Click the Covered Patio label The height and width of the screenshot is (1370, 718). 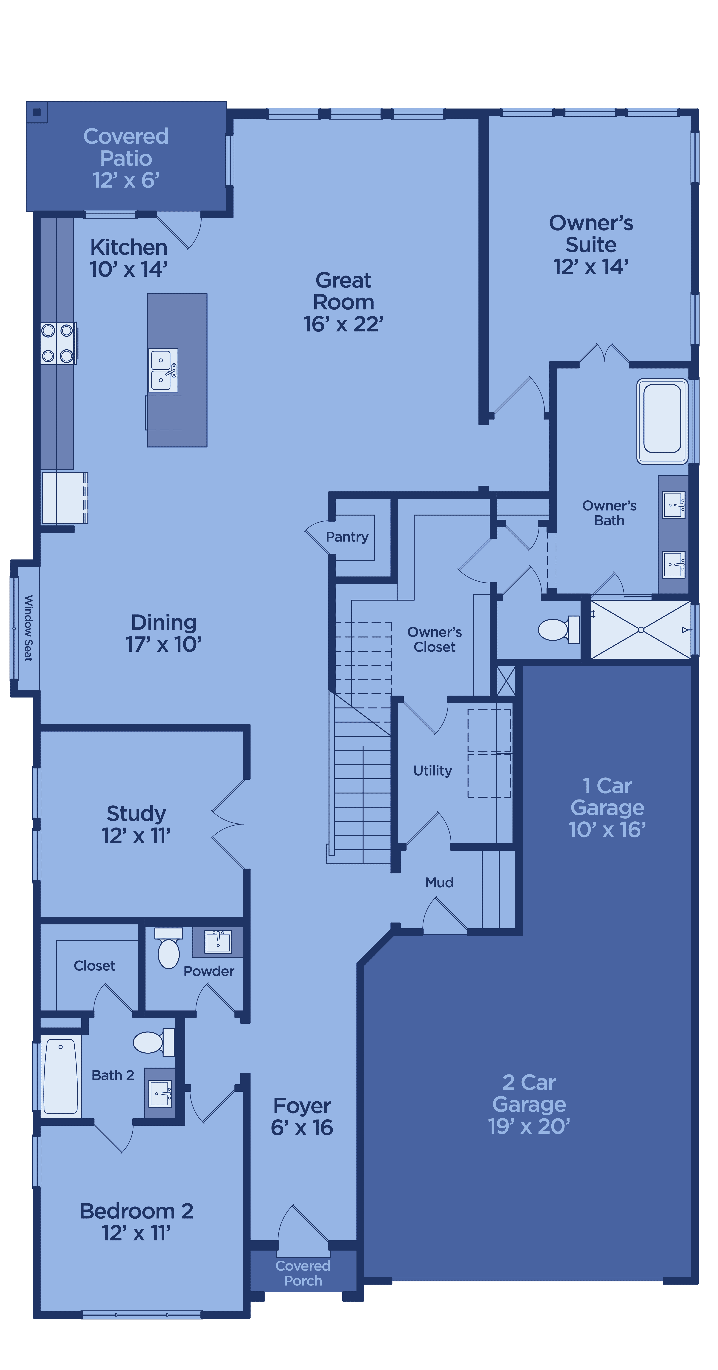126,158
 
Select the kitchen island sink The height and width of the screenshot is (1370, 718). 163,370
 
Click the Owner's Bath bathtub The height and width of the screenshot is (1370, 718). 662,421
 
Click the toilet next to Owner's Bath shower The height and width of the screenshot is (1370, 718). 559,630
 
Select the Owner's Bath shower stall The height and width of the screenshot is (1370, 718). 641,630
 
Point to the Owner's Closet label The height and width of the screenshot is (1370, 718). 435,639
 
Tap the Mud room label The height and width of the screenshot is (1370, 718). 439,882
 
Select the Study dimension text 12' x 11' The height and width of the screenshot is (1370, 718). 136,836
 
